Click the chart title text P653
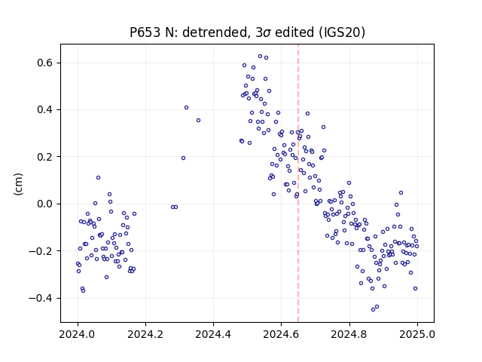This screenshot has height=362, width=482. point(145,32)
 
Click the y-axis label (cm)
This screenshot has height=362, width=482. point(18,184)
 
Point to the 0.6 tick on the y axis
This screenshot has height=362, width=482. point(45,63)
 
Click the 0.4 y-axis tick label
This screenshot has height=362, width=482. point(45,110)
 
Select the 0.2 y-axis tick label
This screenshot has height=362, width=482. point(45,157)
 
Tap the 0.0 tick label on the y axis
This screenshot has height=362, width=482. point(45,204)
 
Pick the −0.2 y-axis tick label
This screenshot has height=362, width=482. point(41,251)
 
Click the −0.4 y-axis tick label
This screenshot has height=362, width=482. point(41,298)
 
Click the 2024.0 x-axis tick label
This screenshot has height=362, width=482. point(78,334)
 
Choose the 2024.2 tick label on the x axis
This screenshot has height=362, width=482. point(145,334)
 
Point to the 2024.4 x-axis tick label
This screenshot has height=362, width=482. point(213,334)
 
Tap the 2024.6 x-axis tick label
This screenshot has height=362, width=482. point(281,334)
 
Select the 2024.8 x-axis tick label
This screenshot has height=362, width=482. point(349,334)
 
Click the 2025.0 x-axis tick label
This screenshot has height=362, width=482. point(417,334)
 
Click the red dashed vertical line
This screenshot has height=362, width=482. point(298,183)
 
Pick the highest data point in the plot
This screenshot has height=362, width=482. point(260,57)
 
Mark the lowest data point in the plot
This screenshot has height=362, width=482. point(374,309)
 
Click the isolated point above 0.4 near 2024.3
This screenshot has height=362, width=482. point(186,107)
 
